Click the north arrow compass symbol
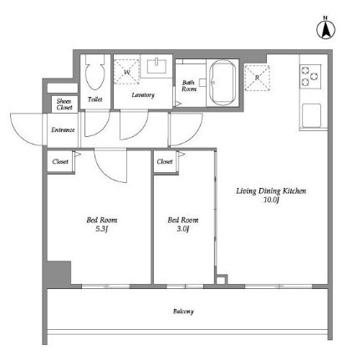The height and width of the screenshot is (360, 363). click(325, 28)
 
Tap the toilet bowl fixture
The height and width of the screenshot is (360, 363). click(95, 72)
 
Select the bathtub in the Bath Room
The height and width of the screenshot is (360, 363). click(222, 83)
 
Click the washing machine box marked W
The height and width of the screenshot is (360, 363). click(127, 71)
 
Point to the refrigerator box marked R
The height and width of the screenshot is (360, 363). click(257, 78)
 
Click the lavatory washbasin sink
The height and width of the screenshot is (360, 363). click(156, 66)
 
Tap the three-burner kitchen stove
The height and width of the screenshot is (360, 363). click(310, 77)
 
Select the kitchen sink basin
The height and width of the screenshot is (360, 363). click(311, 115)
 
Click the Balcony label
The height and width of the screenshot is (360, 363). click(183, 312)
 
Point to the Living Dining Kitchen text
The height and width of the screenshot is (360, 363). click(271, 191)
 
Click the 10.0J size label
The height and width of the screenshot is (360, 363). click(271, 200)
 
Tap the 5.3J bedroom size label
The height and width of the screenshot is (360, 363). click(102, 229)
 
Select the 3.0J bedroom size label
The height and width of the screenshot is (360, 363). click(183, 229)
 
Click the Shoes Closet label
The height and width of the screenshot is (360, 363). click(64, 104)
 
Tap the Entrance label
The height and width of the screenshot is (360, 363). click(63, 129)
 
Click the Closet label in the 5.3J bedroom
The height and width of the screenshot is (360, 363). click(60, 161)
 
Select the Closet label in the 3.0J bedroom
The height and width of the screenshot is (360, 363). click(165, 161)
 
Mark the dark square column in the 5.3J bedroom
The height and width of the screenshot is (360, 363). click(59, 273)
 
